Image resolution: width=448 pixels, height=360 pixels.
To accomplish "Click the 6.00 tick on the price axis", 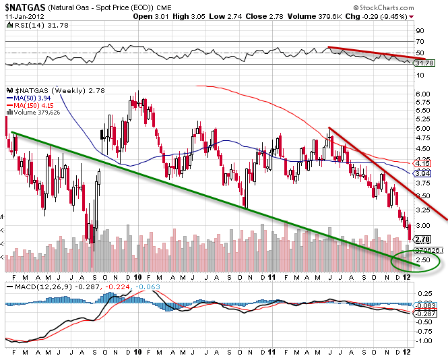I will [423, 93].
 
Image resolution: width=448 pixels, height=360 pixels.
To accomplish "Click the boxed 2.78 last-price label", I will [423, 239].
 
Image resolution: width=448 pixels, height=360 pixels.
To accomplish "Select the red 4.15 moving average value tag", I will [423, 163].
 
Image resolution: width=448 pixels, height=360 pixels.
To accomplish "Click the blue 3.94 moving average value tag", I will [423, 173].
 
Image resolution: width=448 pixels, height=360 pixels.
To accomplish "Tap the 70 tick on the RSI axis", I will [420, 42].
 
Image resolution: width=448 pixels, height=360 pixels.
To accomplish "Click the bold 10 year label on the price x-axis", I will [138, 276].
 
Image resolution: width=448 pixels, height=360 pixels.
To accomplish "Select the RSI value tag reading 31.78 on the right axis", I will [424, 63].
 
